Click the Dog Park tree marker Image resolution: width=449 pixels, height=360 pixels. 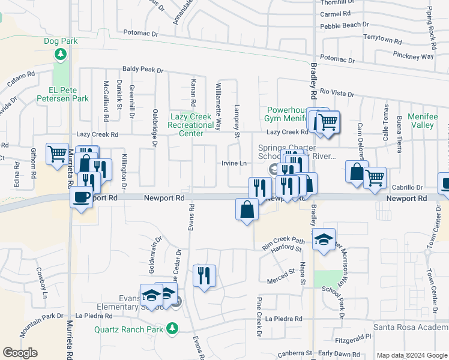(x=61, y=55)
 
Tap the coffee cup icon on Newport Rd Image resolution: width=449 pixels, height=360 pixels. (x=81, y=196)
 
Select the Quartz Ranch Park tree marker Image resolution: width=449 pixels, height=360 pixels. (x=173, y=328)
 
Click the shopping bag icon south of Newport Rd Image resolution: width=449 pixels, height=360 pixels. (x=247, y=210)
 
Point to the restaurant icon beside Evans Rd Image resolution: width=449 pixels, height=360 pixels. (x=204, y=276)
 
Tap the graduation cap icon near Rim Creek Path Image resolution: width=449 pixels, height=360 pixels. (x=324, y=240)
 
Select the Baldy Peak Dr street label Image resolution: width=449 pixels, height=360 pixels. (x=143, y=70)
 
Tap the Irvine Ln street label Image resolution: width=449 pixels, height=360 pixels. (x=234, y=163)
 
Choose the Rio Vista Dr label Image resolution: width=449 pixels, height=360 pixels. (x=337, y=93)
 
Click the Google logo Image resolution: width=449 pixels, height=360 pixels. (x=20, y=353)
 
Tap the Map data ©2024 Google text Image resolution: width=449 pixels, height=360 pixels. (x=411, y=355)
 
